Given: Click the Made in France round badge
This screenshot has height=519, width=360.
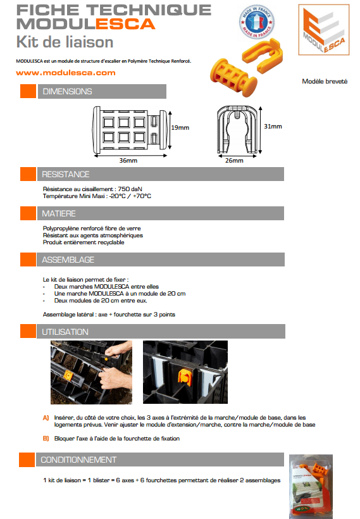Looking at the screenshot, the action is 256,22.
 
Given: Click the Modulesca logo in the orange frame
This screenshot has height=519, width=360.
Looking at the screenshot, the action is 323,30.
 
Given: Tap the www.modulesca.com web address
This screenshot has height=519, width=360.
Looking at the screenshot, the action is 66,73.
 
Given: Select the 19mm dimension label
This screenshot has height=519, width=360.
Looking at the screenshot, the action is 180,128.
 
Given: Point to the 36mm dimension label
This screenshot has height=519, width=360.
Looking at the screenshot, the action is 128,161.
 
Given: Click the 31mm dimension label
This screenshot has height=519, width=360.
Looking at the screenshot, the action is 273,127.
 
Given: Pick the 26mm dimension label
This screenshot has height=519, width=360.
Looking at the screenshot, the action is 234,161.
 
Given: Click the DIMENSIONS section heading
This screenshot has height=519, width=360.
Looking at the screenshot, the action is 67,91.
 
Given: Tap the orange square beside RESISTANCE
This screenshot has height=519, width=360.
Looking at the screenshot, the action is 28,174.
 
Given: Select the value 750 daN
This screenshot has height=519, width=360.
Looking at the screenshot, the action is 130,189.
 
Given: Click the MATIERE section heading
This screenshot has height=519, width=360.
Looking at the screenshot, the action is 59,213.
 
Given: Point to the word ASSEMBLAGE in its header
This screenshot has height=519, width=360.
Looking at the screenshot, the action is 68,260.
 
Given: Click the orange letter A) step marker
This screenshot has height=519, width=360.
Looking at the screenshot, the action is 46,418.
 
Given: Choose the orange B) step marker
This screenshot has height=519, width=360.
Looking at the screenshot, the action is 46,439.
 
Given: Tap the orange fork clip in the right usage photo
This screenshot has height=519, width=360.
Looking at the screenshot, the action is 185,377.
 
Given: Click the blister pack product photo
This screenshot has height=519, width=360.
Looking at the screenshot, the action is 311,486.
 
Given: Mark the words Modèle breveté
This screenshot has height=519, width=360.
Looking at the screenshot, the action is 325,82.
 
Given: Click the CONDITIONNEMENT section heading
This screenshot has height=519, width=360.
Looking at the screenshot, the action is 78,460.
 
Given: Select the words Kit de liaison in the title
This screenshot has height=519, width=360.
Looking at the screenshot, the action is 65,42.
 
